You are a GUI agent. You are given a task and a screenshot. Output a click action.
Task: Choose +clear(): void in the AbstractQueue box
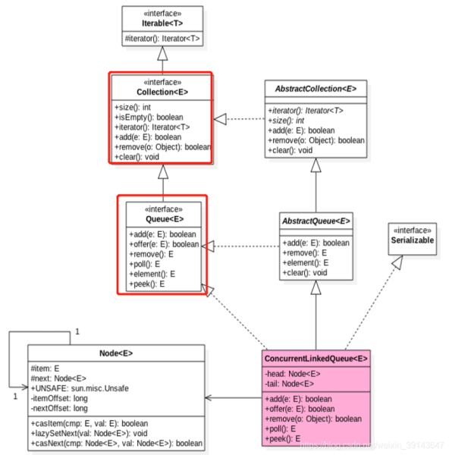pos(307,272)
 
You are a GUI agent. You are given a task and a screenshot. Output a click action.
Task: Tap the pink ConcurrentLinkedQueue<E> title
pos(316,358)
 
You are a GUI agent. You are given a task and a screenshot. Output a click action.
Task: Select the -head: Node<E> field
pos(294,373)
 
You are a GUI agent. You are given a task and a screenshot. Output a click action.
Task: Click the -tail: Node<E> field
pos(290,383)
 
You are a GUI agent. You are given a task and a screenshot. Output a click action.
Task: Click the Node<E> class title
pos(116,353)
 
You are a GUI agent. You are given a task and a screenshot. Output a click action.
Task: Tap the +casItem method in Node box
pos(100,422)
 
